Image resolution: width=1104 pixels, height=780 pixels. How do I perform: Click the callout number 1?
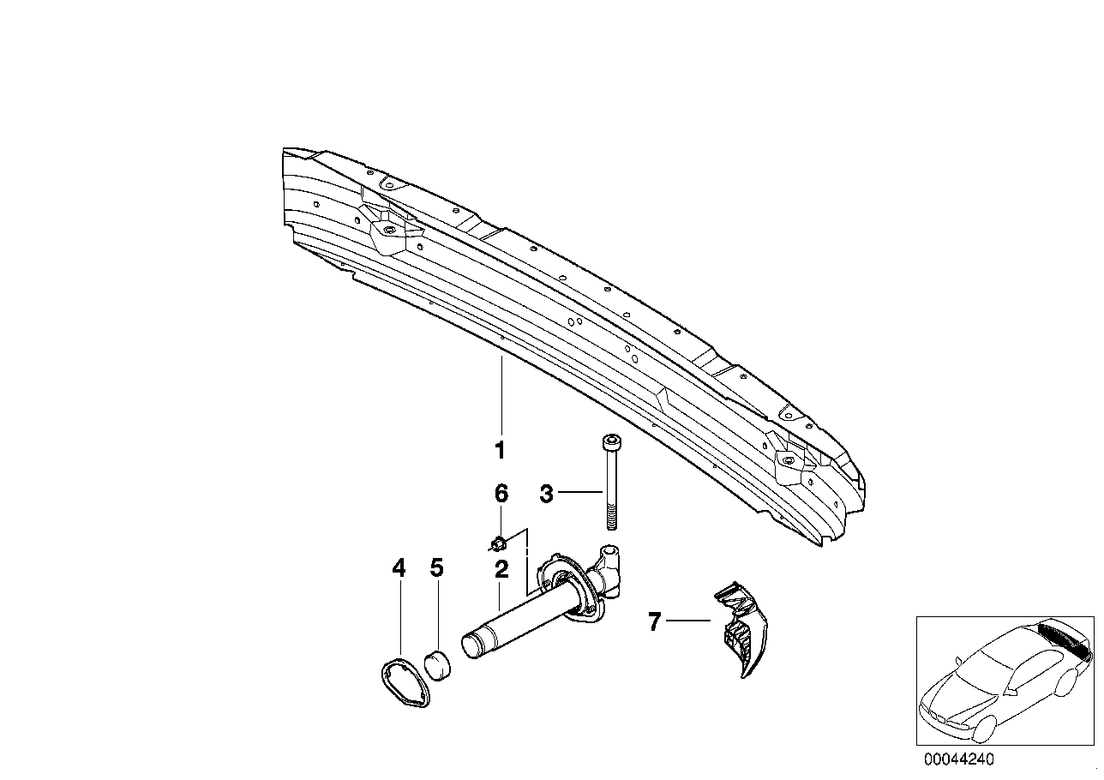tap(500, 450)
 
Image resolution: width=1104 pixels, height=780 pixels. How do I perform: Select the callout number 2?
tap(501, 570)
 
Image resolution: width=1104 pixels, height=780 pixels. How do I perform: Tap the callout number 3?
tap(547, 494)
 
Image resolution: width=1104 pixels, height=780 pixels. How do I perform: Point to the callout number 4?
tap(399, 568)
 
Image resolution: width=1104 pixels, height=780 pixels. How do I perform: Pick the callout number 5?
tap(436, 568)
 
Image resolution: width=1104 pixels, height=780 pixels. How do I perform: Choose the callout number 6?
tap(501, 494)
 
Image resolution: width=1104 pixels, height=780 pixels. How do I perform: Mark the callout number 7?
tap(654, 621)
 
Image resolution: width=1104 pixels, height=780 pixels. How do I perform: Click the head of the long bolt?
tap(612, 442)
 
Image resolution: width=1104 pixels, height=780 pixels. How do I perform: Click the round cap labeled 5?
tap(438, 664)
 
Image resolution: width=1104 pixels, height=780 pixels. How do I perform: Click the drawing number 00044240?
tap(959, 759)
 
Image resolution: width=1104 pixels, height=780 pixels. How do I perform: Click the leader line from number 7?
tap(688, 621)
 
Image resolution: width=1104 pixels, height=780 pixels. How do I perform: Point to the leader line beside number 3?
tap(580, 492)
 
